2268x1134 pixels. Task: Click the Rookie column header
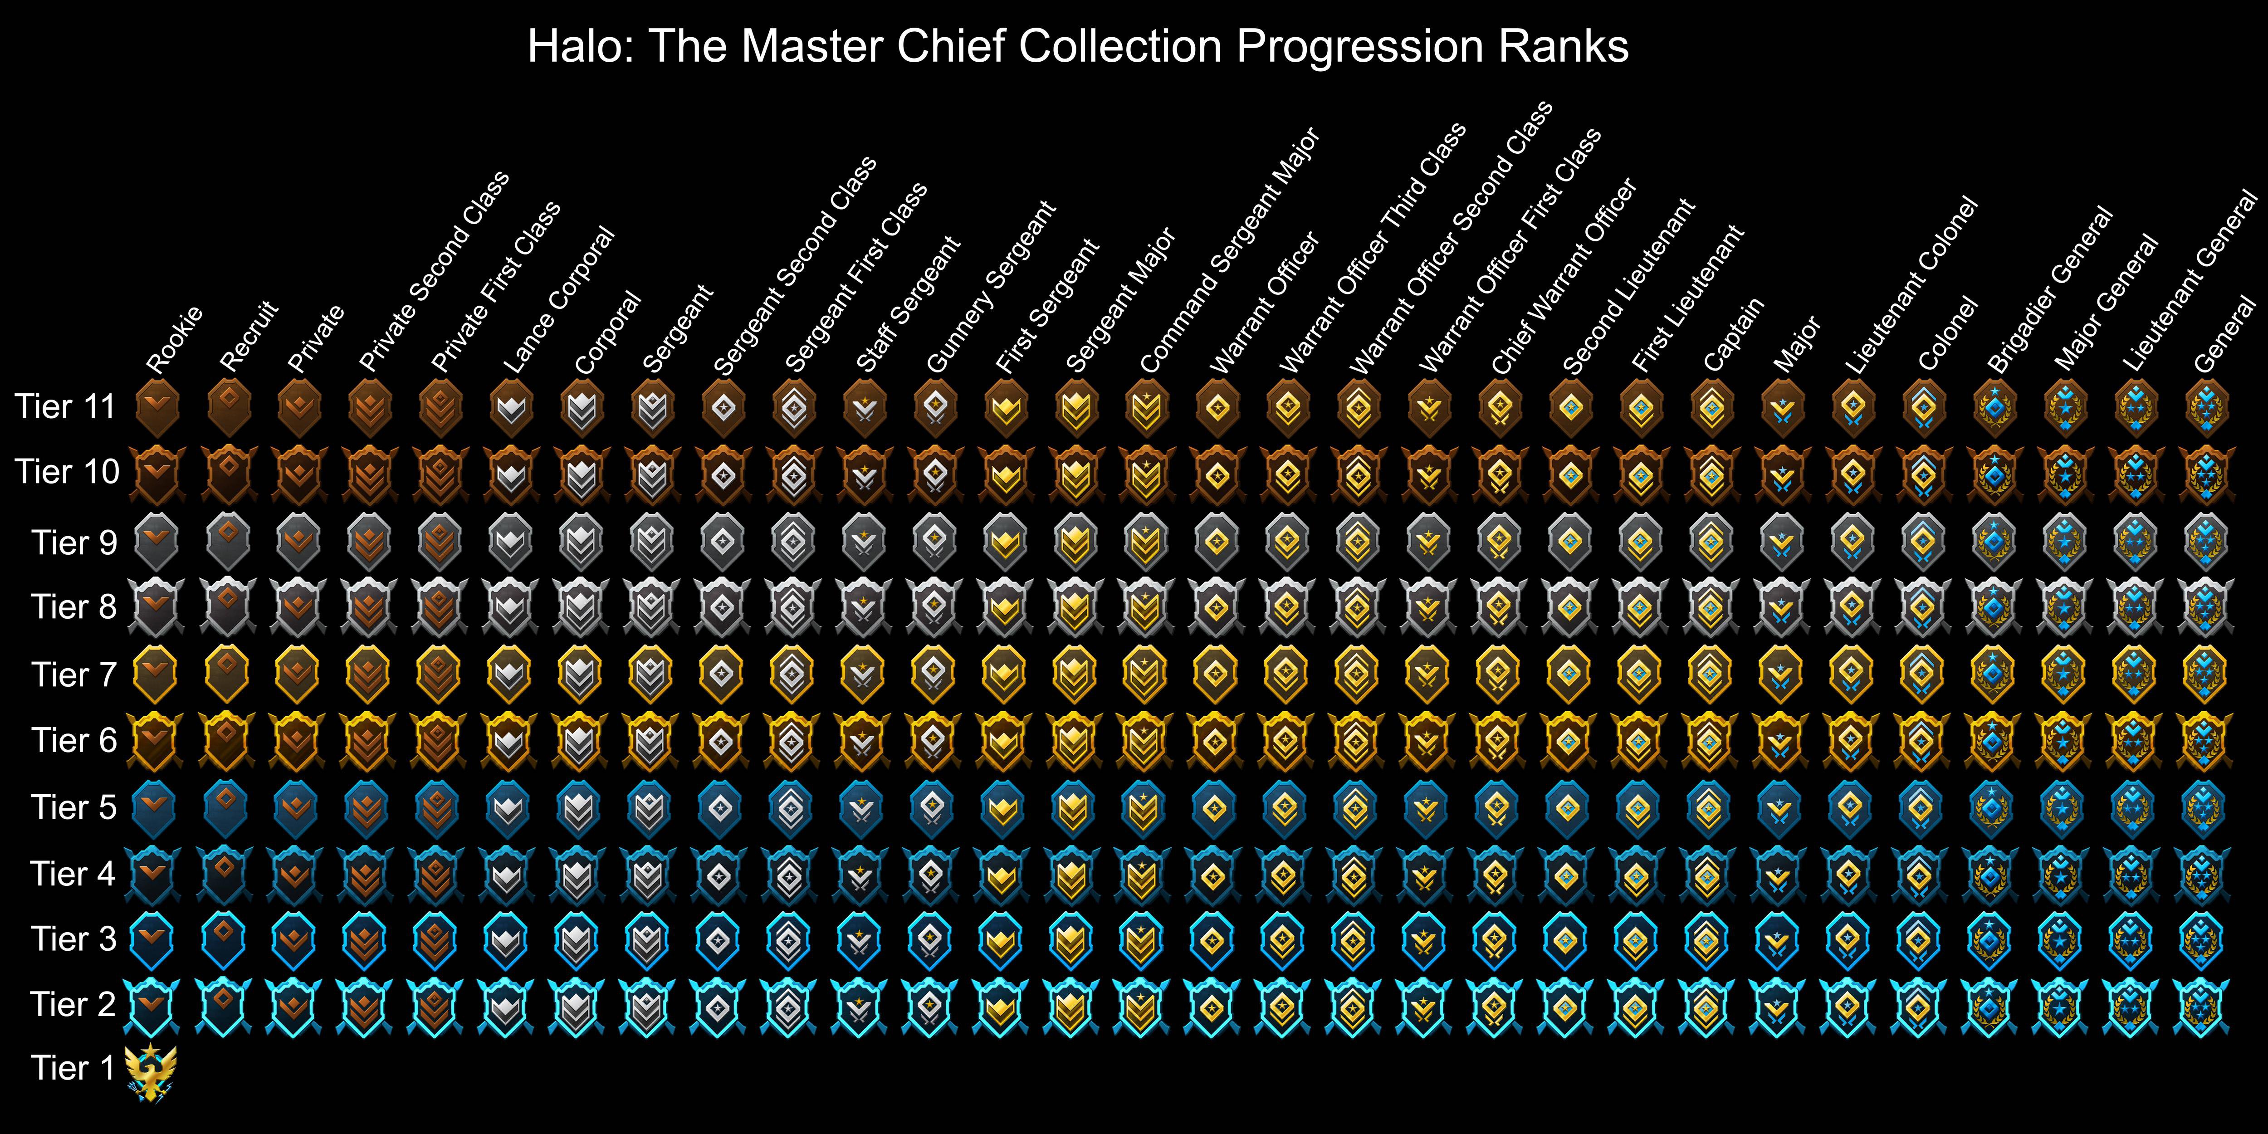pos(174,339)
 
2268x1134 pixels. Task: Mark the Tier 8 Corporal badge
pos(580,607)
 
